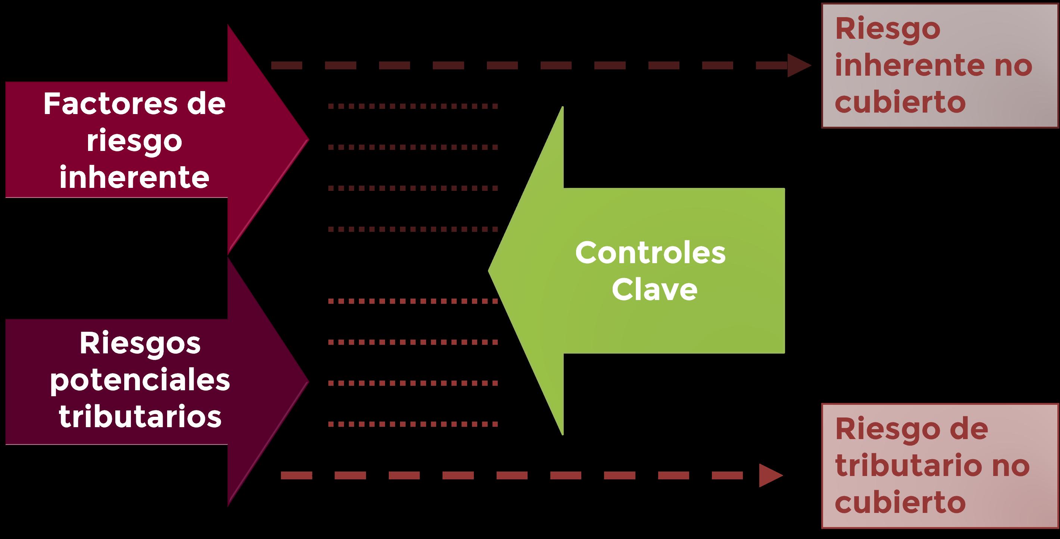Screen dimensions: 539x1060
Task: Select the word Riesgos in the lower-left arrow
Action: [x=140, y=344]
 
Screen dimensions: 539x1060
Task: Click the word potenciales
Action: [x=140, y=381]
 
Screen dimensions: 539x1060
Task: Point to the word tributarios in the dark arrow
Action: [x=140, y=417]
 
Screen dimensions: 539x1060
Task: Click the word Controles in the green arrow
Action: [x=650, y=253]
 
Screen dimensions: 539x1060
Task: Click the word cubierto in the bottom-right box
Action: [x=900, y=502]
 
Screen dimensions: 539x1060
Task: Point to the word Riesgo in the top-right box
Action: [x=888, y=29]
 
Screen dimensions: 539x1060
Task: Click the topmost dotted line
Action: [x=413, y=107]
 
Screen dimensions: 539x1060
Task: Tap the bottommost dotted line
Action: [x=413, y=424]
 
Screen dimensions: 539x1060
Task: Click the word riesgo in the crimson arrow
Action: [x=135, y=141]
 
